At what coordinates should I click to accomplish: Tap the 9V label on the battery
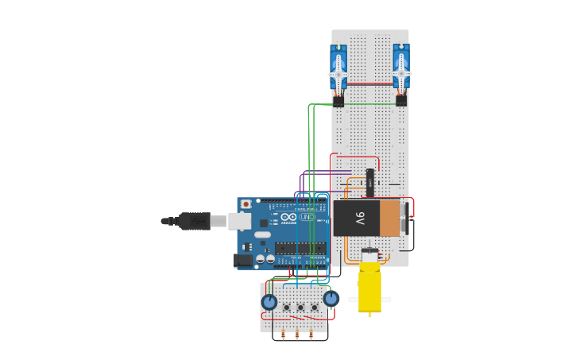359,218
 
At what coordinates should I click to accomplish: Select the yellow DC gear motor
369,286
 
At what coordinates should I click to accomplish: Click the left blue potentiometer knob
269,302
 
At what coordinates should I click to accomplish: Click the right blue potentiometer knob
331,298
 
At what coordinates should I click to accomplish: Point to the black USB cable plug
195,221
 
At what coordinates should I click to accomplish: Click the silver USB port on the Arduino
239,221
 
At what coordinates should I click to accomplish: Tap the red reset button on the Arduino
246,204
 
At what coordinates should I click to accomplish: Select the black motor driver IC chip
369,182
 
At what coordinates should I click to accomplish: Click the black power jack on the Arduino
244,260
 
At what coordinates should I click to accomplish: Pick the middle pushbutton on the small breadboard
300,307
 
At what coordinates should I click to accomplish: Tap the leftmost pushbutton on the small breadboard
286,307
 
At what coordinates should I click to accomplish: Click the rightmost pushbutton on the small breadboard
315,307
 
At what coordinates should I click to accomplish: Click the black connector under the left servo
338,101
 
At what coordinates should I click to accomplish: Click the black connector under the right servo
401,101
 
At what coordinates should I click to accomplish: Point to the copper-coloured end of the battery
390,218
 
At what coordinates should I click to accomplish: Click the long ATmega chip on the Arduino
301,248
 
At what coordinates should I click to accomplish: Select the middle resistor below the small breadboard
297,335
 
